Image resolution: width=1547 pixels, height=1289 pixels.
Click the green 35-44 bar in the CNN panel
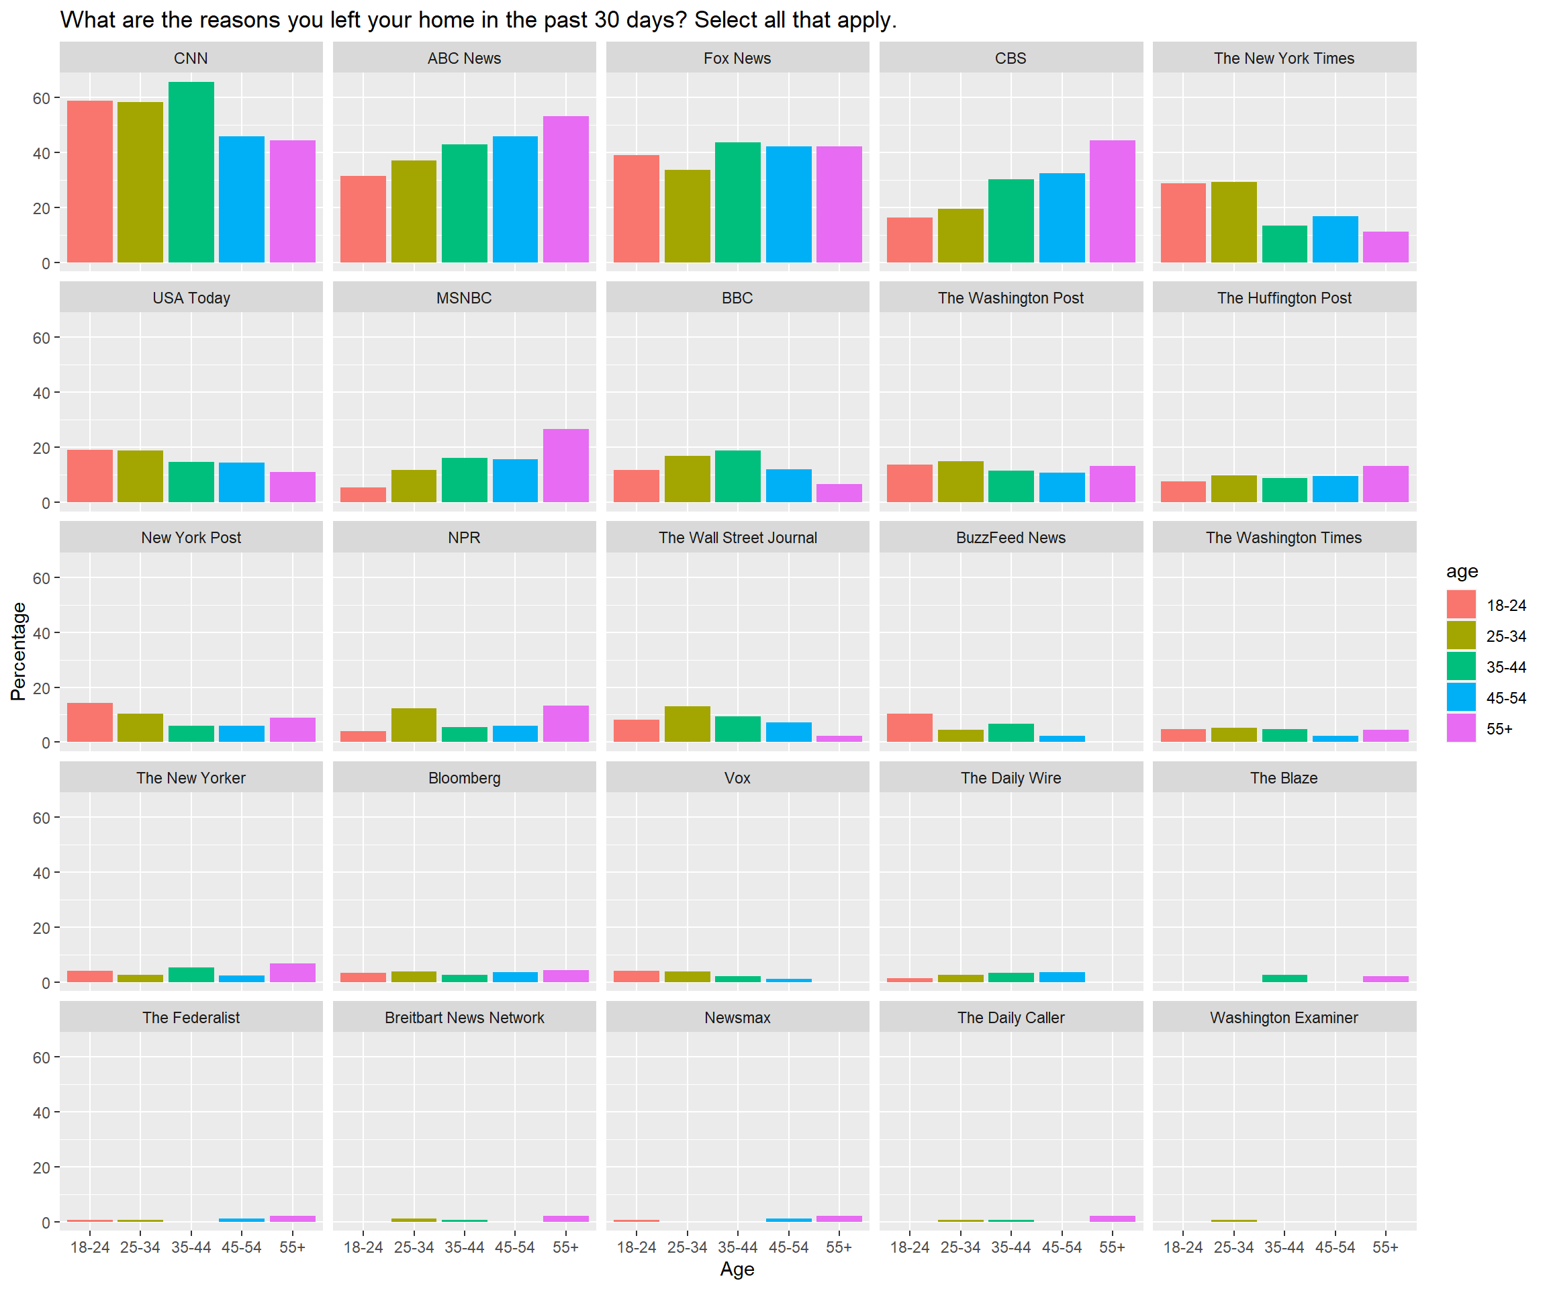tap(191, 173)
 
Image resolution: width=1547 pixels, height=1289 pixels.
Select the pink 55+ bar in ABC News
tap(566, 189)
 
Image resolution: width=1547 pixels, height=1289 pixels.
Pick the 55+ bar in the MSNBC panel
tap(566, 465)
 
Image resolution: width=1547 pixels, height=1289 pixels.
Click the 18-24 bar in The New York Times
tap(1183, 222)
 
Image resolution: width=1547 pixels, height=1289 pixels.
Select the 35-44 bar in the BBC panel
tap(737, 476)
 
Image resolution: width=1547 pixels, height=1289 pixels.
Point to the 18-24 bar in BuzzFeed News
tap(910, 728)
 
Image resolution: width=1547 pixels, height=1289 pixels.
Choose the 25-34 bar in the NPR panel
tap(414, 725)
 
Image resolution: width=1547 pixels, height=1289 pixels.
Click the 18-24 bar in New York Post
tap(90, 722)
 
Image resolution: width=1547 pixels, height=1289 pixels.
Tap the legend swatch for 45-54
tap(1461, 697)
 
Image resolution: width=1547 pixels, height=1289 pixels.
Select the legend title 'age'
tap(1462, 571)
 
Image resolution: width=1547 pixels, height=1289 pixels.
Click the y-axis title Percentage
tap(18, 651)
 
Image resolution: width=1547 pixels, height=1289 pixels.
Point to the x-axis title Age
tap(737, 1269)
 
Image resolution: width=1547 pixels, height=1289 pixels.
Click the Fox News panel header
tap(737, 58)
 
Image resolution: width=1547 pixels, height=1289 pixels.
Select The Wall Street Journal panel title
tap(737, 538)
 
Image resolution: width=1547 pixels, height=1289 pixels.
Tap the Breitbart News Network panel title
tap(464, 1017)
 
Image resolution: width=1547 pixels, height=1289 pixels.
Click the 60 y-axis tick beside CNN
tap(41, 98)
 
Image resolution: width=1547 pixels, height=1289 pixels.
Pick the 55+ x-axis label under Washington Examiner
tap(1385, 1247)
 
